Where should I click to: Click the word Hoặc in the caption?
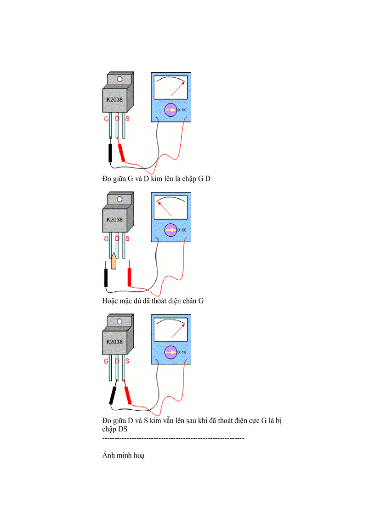coord(110,301)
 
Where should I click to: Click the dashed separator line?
coord(173,438)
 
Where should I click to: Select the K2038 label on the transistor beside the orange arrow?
coord(114,220)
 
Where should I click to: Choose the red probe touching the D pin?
coord(122,153)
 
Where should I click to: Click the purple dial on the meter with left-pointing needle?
coord(170,230)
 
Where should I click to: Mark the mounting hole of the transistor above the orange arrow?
coord(119,199)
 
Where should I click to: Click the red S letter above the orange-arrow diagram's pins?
coord(127,239)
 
